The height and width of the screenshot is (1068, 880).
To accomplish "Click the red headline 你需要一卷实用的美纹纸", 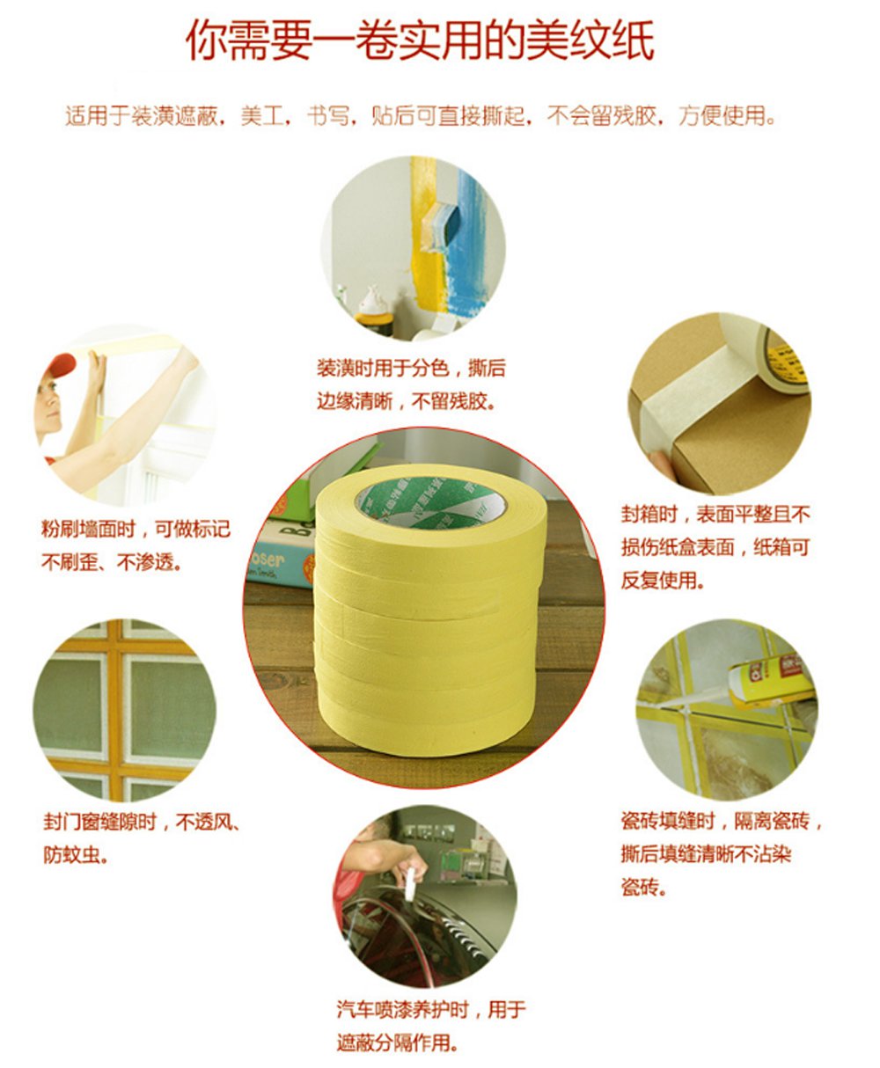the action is pyautogui.click(x=420, y=41).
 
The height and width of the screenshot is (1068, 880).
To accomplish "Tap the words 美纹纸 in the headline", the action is pyautogui.click(x=590, y=41).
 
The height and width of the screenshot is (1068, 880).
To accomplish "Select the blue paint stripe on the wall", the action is pyautogui.click(x=466, y=240).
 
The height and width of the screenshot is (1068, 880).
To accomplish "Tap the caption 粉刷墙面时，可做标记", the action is pyautogui.click(x=136, y=529).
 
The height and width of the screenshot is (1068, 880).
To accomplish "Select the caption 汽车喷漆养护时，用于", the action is pyautogui.click(x=431, y=1010).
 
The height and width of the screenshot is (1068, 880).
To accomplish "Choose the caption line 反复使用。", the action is pyautogui.click(x=663, y=580).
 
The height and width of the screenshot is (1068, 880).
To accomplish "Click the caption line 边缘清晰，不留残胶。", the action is pyautogui.click(x=407, y=401).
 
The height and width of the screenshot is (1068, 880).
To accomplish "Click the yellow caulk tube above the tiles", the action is pyautogui.click(x=771, y=677).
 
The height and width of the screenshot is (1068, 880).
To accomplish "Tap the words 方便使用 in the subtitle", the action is pyautogui.click(x=722, y=115).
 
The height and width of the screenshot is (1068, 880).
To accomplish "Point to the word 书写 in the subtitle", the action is pyautogui.click(x=328, y=115).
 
